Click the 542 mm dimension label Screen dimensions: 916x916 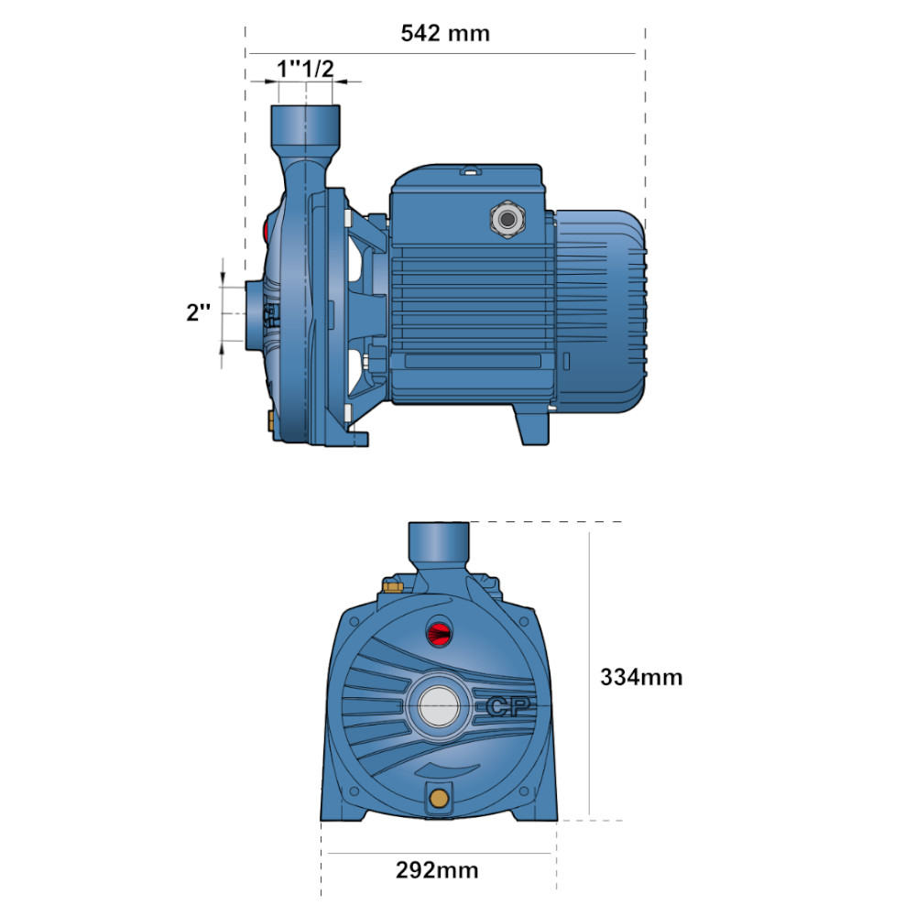445,33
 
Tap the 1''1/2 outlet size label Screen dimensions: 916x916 306,69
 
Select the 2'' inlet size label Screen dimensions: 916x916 198,312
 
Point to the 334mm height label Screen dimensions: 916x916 641,677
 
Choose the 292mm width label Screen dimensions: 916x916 437,870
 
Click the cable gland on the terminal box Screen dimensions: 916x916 507,220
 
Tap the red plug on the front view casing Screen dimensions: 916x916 440,631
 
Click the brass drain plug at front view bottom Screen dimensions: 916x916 439,797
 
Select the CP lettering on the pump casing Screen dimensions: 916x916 508,707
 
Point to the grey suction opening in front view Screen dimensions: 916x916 439,706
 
